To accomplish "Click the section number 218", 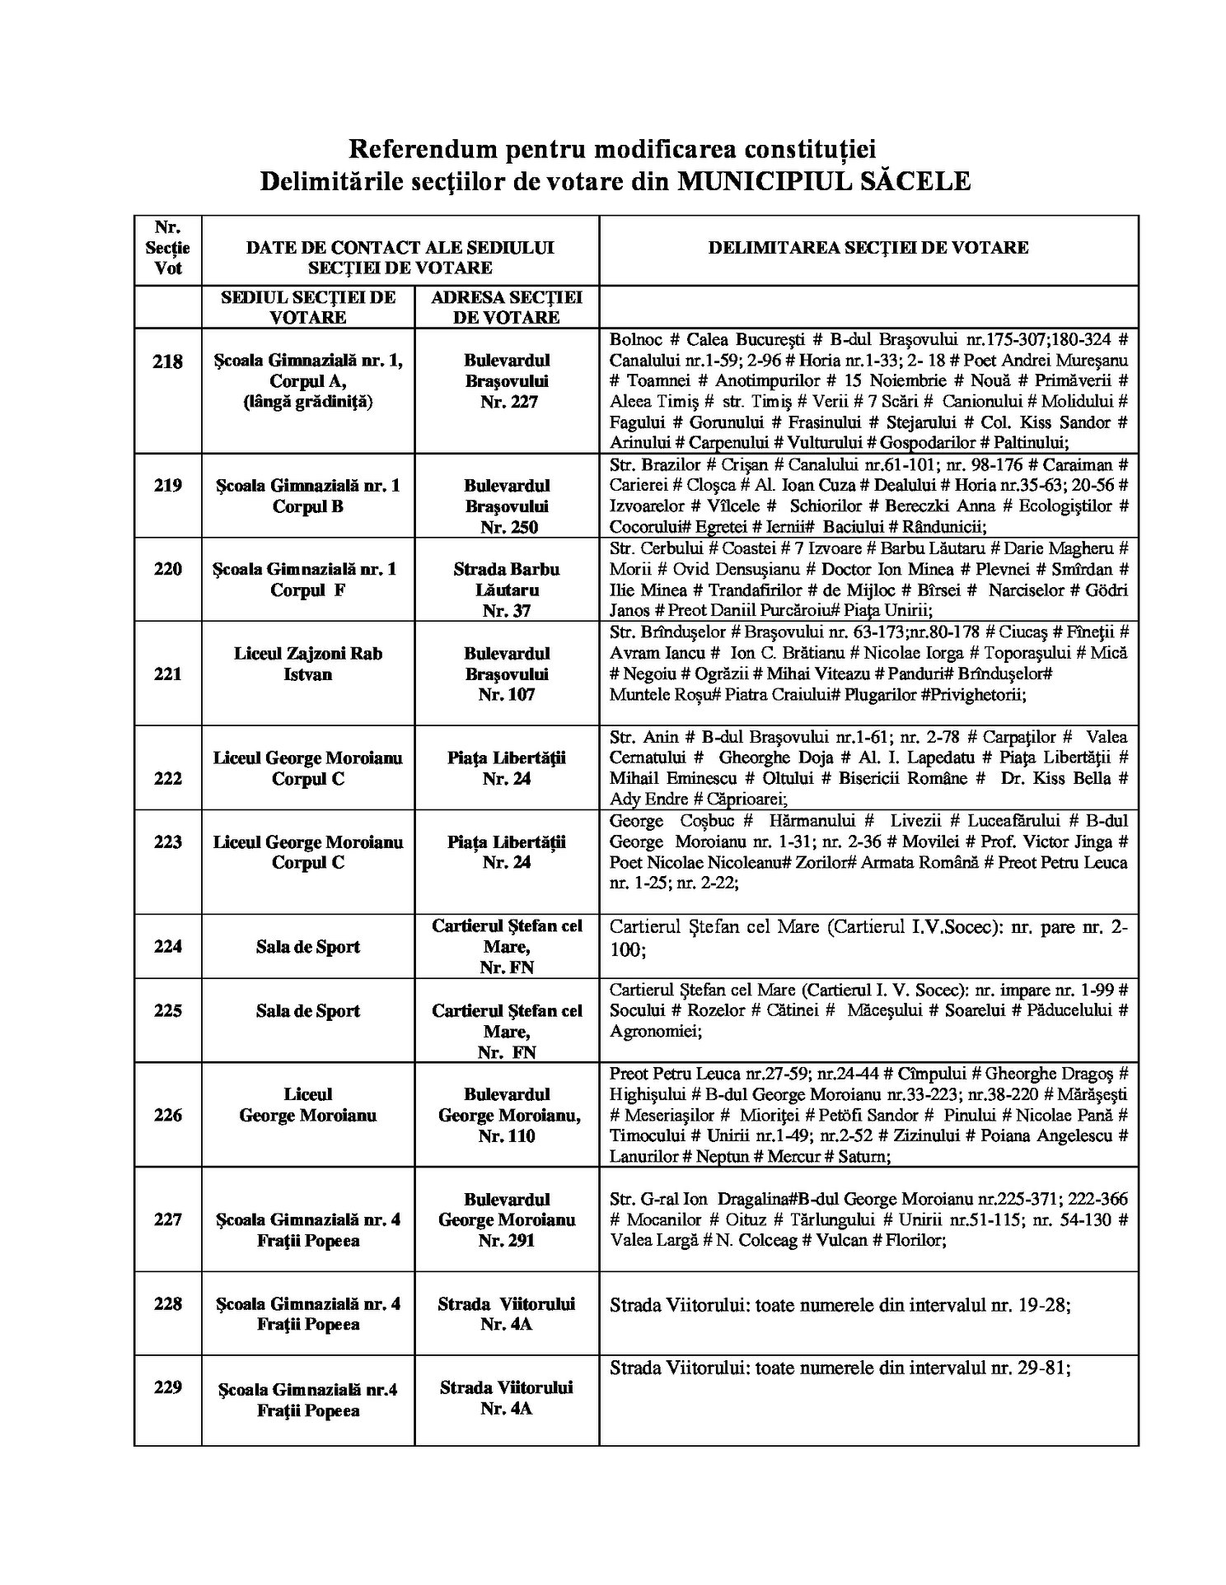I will pos(168,361).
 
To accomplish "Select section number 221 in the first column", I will pos(168,674).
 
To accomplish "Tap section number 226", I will pos(168,1115).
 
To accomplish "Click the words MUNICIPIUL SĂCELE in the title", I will pos(824,181).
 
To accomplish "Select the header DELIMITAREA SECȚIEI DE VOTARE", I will pos(868,247).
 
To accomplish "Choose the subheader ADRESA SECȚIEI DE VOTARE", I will pos(507,307).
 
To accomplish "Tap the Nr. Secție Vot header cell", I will pos(168,247).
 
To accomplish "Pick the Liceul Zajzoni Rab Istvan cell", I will pos(307,664).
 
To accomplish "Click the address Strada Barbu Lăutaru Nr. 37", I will pos(507,590).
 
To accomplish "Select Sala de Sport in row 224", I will pos(307,947).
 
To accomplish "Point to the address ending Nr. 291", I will pos(507,1219).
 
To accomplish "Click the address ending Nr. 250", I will pos(507,506).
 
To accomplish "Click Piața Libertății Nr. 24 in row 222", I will pos(507,768).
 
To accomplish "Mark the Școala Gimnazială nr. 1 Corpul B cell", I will pos(307,496).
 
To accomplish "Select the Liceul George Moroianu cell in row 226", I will pos(307,1105).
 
